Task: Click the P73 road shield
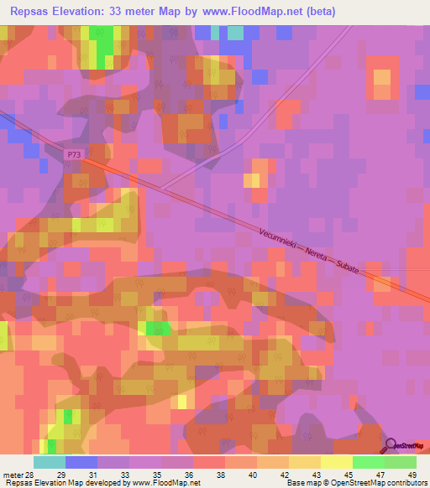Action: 76,154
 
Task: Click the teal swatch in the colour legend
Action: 49,462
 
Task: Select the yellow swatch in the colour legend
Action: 336,462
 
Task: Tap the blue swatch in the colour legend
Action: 81,462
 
